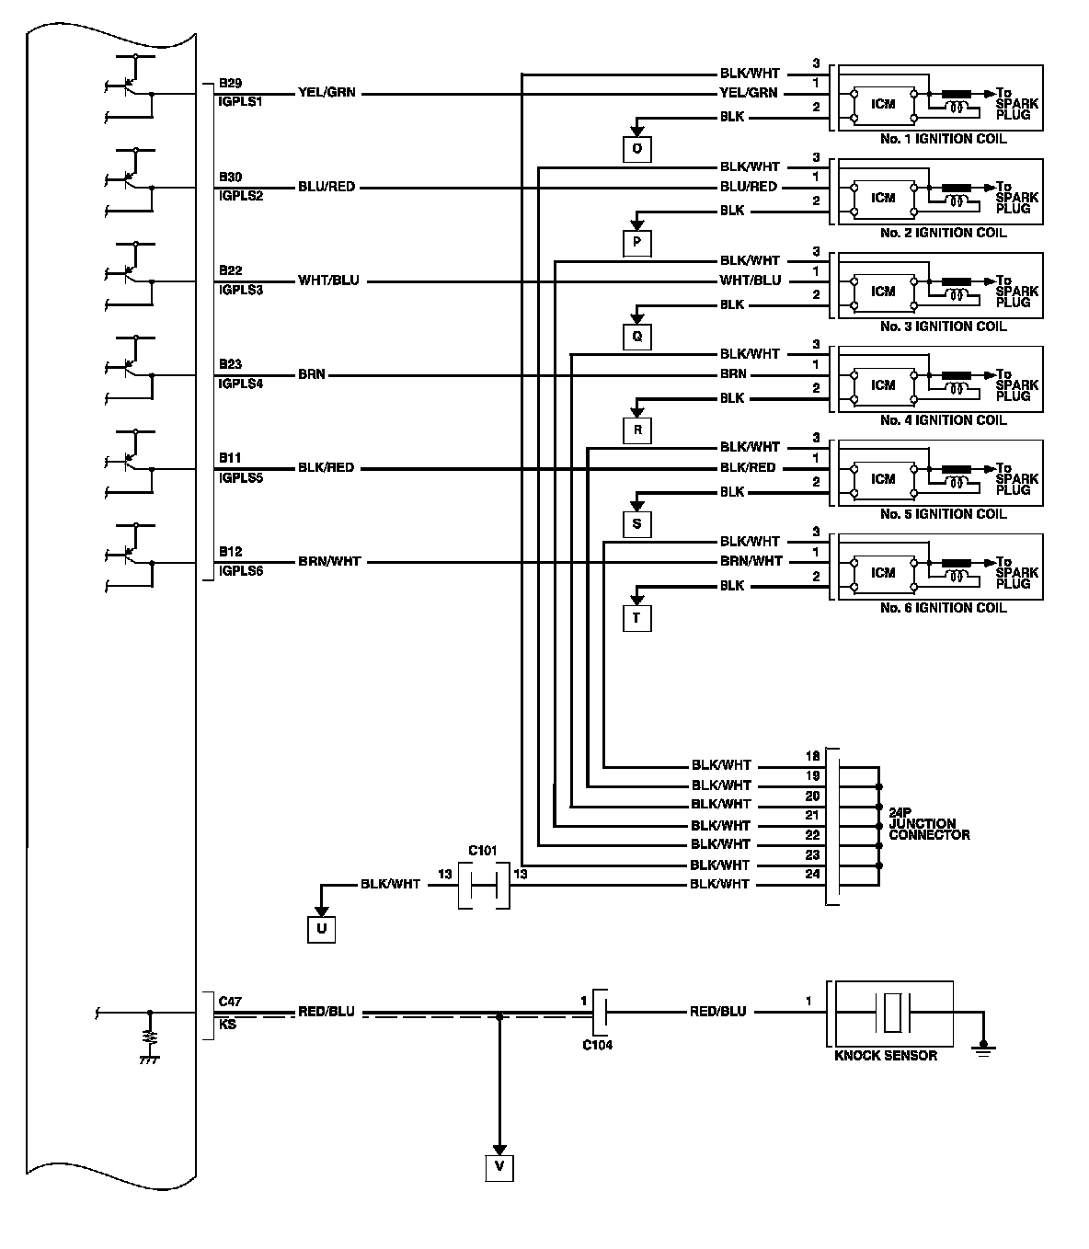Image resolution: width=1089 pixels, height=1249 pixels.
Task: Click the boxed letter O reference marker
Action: pos(637,149)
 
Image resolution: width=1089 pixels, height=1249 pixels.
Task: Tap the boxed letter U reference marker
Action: pos(321,930)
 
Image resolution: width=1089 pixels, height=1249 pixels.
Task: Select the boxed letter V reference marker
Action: pos(499,1167)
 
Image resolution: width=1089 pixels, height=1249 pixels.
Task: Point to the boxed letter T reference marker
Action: pos(636,618)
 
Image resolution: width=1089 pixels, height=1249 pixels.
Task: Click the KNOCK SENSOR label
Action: pos(885,1056)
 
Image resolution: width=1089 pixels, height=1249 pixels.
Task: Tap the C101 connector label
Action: pos(483,851)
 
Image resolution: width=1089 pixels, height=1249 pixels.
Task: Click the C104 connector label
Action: pos(597,1045)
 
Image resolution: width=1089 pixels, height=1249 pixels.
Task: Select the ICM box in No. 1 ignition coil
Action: pos(883,104)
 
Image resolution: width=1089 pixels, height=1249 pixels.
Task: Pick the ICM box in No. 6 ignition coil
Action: pos(883,573)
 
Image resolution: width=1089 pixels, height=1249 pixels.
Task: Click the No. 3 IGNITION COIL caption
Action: pos(943,327)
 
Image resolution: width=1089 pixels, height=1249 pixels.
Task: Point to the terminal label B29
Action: pos(230,84)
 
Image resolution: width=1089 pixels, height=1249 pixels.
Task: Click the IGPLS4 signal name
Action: pos(240,384)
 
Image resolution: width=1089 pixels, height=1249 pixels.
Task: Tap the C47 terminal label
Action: pos(230,1001)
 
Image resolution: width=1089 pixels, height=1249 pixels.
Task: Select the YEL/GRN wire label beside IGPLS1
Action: pos(327,93)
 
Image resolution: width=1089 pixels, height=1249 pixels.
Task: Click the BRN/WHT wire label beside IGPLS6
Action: pos(329,561)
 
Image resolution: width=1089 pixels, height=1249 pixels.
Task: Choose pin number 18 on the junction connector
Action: pos(812,756)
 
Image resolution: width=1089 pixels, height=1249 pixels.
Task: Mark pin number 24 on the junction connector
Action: pos(812,874)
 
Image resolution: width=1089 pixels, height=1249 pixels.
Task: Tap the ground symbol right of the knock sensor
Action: pos(984,1046)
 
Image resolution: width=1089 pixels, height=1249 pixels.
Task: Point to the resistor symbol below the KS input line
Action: pos(149,1039)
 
